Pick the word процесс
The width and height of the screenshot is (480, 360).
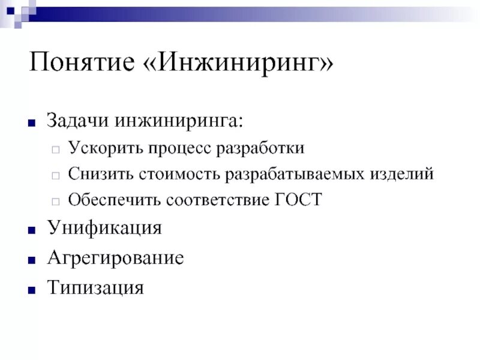tap(178, 148)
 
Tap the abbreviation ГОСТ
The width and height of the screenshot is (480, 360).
tap(298, 200)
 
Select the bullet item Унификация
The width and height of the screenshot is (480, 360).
tap(104, 229)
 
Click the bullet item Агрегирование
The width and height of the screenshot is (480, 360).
tap(115, 258)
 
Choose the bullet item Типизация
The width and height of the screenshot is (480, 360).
tap(95, 287)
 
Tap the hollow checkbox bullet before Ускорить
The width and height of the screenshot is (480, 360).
tap(55, 149)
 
